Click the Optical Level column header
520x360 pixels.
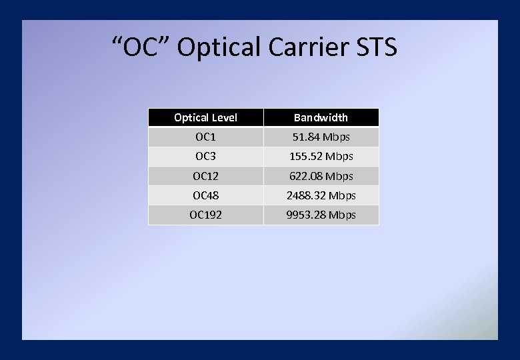click(205, 117)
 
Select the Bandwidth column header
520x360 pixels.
click(321, 117)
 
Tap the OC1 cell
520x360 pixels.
click(205, 137)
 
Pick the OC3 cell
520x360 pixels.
click(205, 157)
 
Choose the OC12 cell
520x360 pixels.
click(205, 176)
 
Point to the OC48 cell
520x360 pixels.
click(205, 195)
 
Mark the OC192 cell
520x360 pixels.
click(205, 215)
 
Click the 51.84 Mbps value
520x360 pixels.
click(321, 137)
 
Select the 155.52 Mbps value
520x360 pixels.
click(321, 157)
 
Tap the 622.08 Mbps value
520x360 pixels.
click(321, 176)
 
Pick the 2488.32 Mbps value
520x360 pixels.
click(321, 195)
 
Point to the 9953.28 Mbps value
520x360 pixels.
click(321, 215)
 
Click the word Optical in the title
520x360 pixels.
click(219, 48)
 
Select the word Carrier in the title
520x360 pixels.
click(309, 48)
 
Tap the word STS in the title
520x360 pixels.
click(377, 48)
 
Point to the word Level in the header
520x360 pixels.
click(224, 117)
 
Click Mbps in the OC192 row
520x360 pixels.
click(342, 215)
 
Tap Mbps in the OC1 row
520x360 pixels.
click(336, 137)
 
